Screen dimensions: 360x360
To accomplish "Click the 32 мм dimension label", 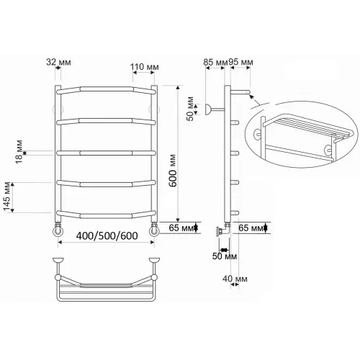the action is click(58, 62).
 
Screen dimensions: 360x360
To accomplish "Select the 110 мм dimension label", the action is click(145, 67).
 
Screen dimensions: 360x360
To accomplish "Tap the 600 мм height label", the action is click(173, 171).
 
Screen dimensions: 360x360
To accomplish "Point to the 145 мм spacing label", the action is click(7, 197).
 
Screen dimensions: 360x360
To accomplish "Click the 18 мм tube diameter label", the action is click(19, 152).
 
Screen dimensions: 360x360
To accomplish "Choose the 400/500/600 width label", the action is click(107, 236).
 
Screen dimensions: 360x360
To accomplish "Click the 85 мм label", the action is click(215, 62).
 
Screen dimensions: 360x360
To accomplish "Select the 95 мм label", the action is click(240, 62).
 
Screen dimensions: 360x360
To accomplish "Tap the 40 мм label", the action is click(235, 279).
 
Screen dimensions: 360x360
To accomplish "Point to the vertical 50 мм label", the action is click(190, 109).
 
